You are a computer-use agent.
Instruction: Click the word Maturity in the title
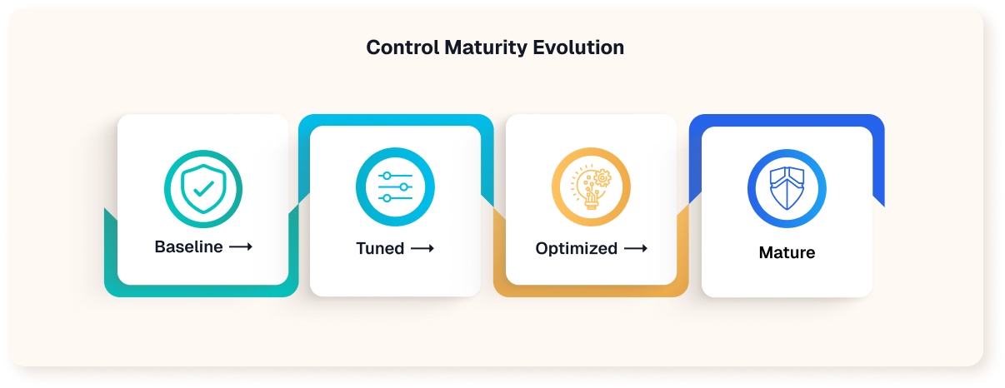click(x=480, y=47)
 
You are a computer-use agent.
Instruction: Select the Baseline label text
click(x=188, y=247)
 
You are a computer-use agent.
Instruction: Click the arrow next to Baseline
click(x=241, y=247)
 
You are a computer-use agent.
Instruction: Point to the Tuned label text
click(x=380, y=248)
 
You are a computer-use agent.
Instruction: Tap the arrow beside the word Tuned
click(x=422, y=248)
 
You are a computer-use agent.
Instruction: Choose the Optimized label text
click(x=577, y=248)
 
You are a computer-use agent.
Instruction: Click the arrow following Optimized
click(x=636, y=248)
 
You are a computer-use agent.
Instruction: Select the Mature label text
click(x=787, y=252)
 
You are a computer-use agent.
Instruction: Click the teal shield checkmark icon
click(x=202, y=188)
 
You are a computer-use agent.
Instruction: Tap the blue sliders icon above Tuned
click(x=395, y=188)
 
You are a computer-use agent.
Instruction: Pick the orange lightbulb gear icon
click(x=591, y=188)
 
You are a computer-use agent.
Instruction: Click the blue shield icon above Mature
click(x=787, y=188)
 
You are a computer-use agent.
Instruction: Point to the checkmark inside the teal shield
click(x=202, y=188)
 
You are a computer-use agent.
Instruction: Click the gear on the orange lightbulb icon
click(x=602, y=177)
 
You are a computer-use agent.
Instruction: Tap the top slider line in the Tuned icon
click(x=395, y=177)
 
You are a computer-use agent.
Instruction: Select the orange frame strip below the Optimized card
click(x=591, y=291)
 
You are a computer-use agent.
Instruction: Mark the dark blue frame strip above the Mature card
click(x=787, y=120)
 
